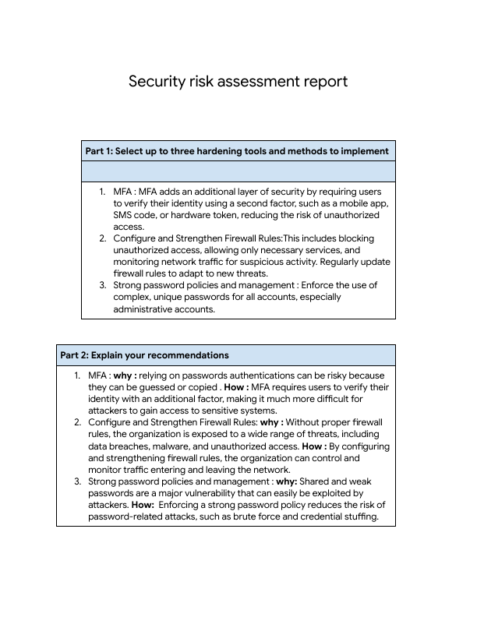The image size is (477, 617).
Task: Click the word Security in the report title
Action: [154, 82]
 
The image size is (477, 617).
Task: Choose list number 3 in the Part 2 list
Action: [77, 481]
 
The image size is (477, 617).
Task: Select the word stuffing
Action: [358, 517]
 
